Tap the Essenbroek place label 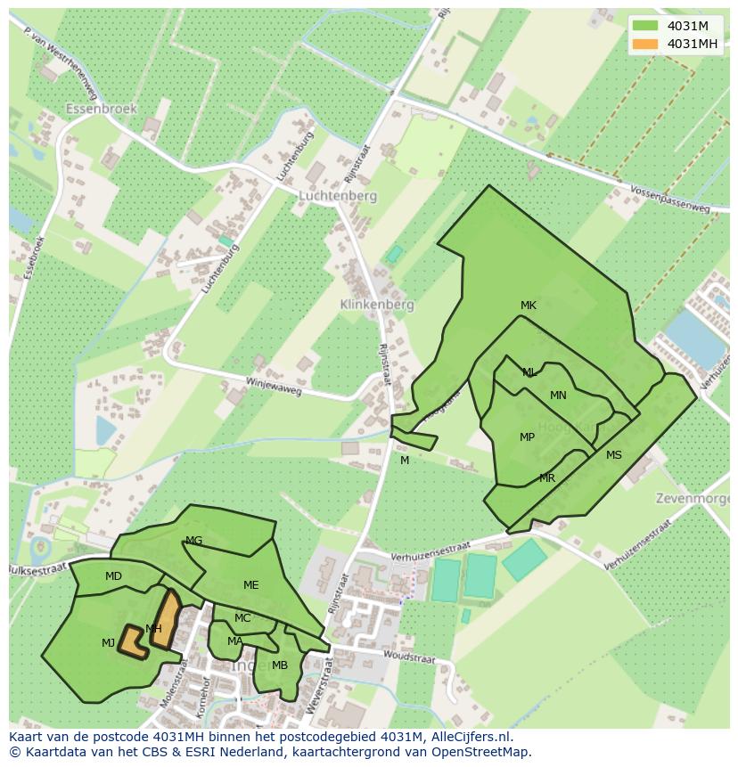(101, 109)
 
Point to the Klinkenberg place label (377, 304)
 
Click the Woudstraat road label (409, 657)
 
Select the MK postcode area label (529, 306)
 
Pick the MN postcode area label (558, 396)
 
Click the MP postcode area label (527, 437)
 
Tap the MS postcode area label (614, 455)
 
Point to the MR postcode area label (547, 478)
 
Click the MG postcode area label (193, 541)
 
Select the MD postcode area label (113, 576)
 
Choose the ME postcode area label (250, 585)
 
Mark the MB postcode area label (280, 665)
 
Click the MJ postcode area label (108, 643)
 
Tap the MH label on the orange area (153, 629)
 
